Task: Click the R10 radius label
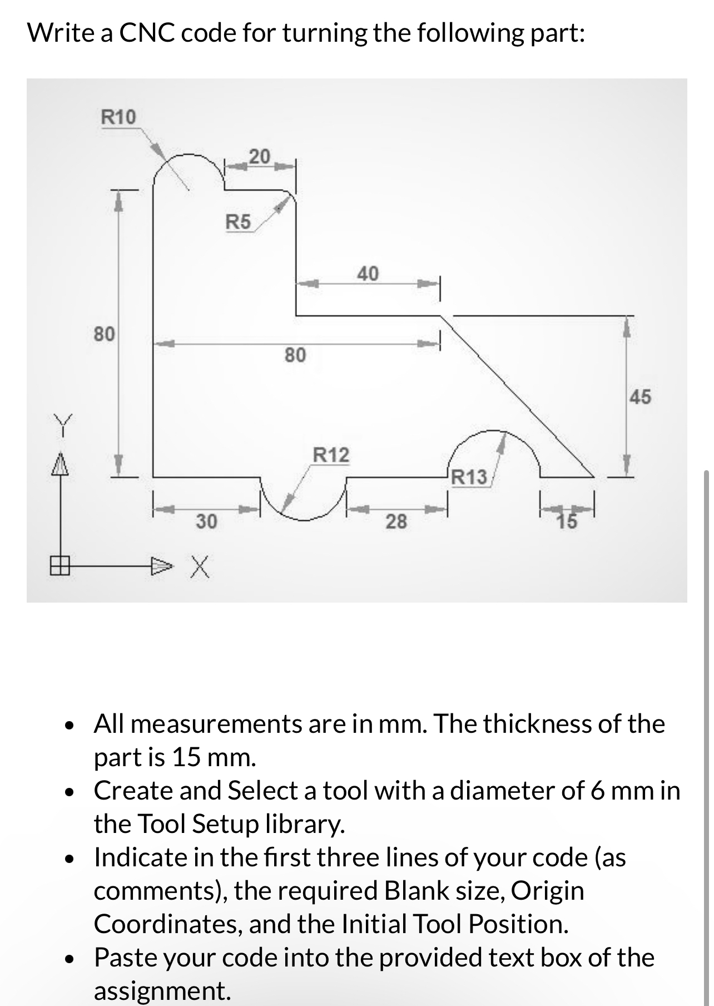(x=118, y=117)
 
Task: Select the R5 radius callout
(x=238, y=222)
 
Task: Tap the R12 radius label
(x=331, y=455)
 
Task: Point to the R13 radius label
(x=469, y=477)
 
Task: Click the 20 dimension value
(x=259, y=156)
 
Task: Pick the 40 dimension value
(x=368, y=273)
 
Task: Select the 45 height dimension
(x=640, y=397)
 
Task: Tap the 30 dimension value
(x=207, y=521)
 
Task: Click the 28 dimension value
(x=396, y=521)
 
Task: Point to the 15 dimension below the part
(x=568, y=521)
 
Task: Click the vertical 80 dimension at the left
(x=104, y=334)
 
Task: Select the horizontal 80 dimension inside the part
(x=295, y=354)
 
